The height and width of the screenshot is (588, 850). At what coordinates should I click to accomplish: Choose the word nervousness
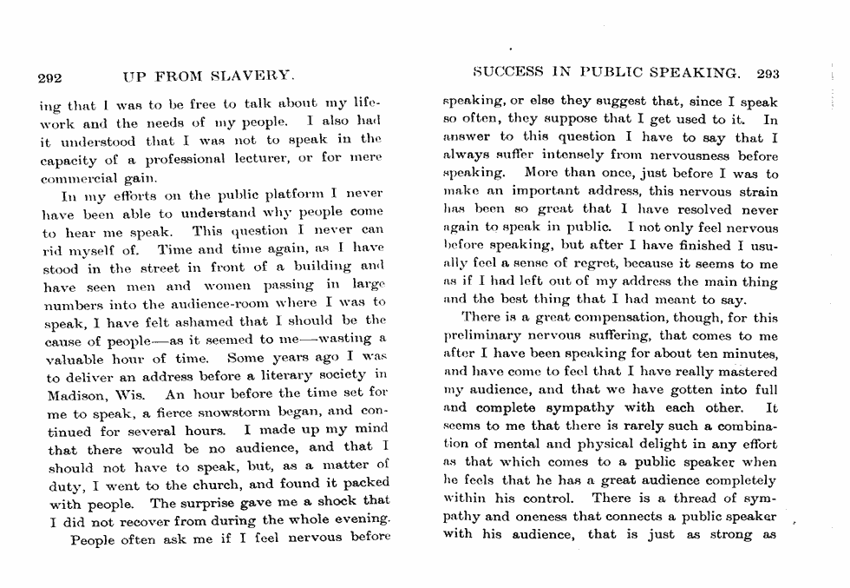coord(691,157)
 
